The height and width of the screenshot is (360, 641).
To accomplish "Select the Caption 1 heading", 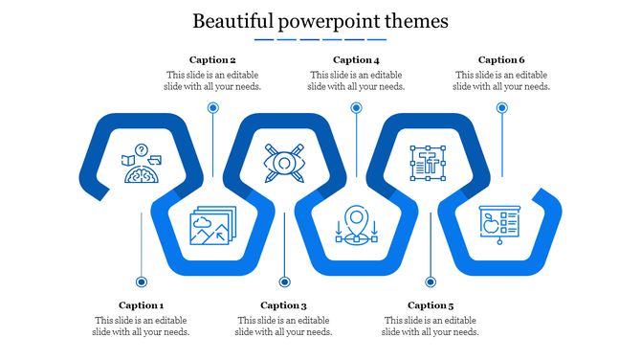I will pos(142,305).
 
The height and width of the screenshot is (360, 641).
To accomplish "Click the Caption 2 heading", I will pos(212,59).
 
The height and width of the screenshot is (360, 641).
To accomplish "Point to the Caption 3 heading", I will pos(283,305).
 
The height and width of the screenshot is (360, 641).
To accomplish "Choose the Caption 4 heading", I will pos(356,59).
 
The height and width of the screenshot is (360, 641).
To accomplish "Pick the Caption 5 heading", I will pos(431,305).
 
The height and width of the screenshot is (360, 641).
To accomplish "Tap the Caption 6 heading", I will pos(501,59).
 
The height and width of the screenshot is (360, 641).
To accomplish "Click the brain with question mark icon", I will pos(140,164).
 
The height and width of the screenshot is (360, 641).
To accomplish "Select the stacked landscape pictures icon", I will pos(211,227).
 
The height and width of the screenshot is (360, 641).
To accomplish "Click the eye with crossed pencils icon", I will pos(284,163).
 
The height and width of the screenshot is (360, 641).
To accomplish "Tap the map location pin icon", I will pos(357,226).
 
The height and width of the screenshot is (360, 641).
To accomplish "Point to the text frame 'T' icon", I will pos(428,163).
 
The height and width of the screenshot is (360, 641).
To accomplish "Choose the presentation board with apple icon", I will pos(499,226).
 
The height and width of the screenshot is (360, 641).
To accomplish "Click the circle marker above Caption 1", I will pos(142,281).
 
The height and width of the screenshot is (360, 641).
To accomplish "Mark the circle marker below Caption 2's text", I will pos(212,108).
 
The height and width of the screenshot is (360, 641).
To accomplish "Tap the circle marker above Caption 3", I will pos(284,281).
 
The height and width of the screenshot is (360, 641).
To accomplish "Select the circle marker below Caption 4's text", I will pos(356,108).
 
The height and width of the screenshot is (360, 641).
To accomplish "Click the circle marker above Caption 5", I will pos(431,281).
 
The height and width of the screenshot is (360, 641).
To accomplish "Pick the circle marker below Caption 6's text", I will pos(500,108).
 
